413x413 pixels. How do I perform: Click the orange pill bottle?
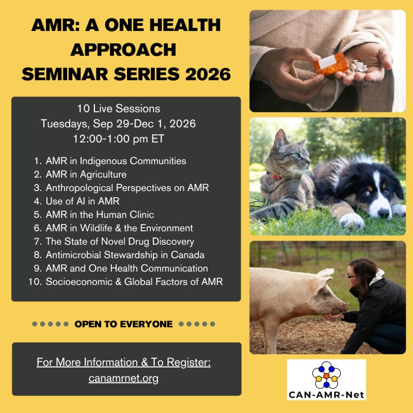click(331, 63)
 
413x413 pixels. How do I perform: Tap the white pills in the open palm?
click(358, 66)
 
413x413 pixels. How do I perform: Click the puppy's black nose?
click(383, 212)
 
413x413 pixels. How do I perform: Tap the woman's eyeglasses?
click(352, 276)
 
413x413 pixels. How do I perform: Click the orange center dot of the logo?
click(326, 376)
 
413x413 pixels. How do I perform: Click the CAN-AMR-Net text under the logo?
click(326, 395)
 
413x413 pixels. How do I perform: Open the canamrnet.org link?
click(123, 378)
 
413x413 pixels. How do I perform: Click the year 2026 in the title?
click(208, 74)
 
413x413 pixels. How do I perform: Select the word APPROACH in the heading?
click(123, 50)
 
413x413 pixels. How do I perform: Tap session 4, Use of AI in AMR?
click(83, 201)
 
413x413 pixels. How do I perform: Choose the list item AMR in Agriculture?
click(86, 174)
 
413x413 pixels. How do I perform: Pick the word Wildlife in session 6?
click(96, 228)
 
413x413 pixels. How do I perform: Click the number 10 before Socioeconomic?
click(34, 282)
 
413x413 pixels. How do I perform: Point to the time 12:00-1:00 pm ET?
click(119, 139)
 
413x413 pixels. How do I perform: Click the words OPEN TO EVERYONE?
click(123, 324)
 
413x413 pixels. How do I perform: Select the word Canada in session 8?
click(187, 255)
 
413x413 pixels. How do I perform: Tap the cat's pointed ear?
click(280, 139)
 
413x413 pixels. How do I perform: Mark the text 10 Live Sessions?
click(119, 108)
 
